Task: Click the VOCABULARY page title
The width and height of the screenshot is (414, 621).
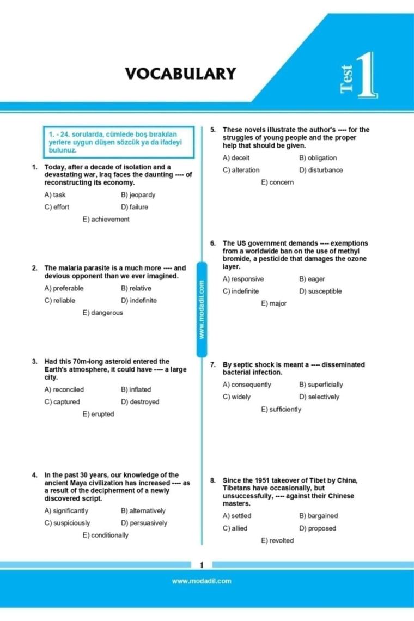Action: (181, 74)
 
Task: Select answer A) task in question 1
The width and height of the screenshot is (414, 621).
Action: (55, 195)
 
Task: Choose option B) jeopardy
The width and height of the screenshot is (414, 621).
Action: (138, 195)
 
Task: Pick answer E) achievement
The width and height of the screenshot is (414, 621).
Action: (106, 219)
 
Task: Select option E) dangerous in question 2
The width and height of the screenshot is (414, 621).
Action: (103, 313)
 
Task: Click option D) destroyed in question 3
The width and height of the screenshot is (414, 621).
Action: (141, 402)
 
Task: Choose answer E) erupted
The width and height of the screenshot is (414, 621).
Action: (99, 414)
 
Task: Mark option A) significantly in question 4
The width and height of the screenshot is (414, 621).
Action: (66, 511)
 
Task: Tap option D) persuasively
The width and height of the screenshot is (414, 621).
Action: (144, 523)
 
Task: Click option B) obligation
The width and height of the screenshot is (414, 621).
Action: (318, 158)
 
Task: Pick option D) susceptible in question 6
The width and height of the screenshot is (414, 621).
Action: (321, 291)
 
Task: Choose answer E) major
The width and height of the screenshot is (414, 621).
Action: (273, 303)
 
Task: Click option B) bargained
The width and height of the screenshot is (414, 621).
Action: (319, 516)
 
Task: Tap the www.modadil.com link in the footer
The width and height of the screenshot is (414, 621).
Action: (202, 581)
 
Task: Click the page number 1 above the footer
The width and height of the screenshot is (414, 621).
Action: (202, 564)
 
